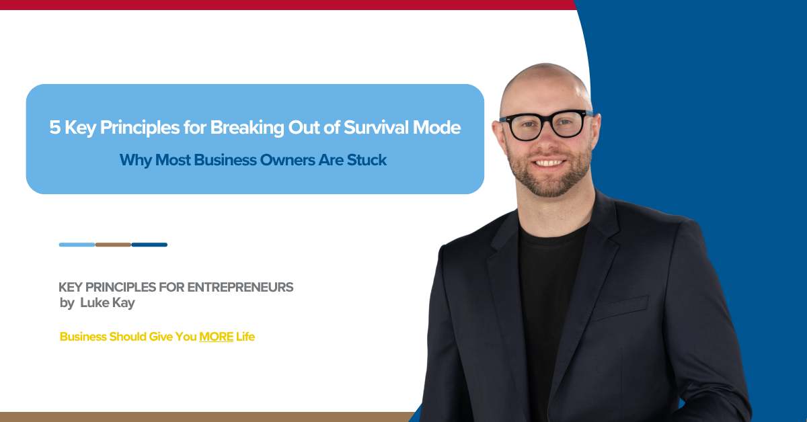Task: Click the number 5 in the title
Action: coord(54,128)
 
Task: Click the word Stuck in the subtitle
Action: coord(367,160)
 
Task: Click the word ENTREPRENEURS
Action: coord(240,288)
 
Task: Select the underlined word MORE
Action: coord(216,337)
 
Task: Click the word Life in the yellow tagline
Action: coord(245,337)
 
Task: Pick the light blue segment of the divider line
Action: coord(77,245)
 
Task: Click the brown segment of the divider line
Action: coord(113,245)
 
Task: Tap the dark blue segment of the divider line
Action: coord(149,245)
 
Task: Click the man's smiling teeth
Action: coord(549,163)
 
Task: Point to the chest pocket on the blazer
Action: coord(620,308)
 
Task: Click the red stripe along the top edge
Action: coord(288,5)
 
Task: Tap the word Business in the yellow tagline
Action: coord(83,337)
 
